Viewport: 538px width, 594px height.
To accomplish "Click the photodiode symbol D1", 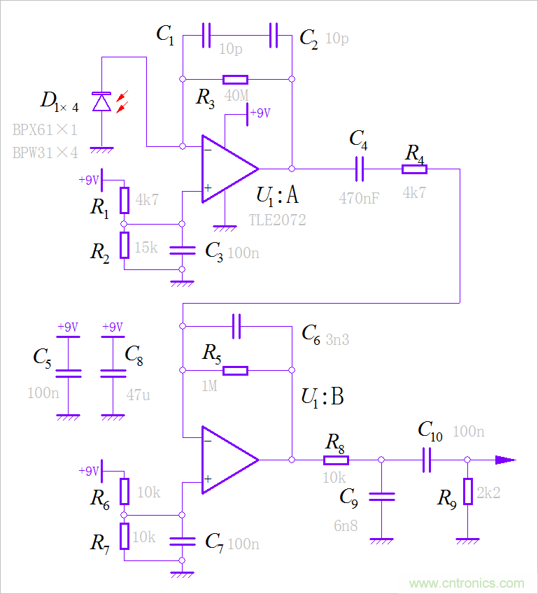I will (102, 103).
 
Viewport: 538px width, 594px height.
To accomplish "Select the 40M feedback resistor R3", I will (235, 79).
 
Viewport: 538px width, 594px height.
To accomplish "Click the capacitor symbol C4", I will (360, 169).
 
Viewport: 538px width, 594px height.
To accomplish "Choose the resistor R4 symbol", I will (414, 169).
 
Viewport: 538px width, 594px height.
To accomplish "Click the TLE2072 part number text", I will (278, 220).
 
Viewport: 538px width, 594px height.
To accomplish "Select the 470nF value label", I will (360, 197).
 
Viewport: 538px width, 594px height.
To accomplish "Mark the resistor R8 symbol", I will (336, 460).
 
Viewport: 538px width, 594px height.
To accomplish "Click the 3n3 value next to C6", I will (337, 340).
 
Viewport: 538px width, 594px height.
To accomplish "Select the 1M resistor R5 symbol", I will (235, 370).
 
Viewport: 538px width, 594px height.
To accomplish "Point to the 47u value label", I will (138, 395).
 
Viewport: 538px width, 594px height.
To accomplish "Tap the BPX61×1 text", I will (45, 129).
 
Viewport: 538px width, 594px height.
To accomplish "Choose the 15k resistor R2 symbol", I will (124, 244).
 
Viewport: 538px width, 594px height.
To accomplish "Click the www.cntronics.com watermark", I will (466, 583).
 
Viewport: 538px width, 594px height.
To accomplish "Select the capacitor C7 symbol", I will (182, 539).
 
